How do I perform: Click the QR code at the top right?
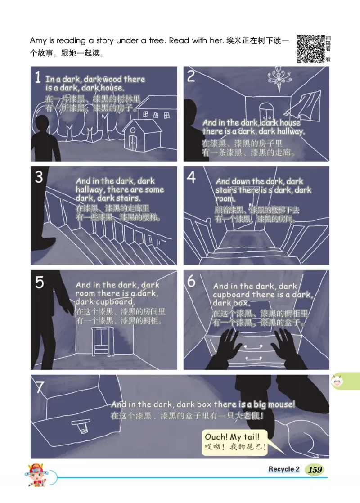point(311,49)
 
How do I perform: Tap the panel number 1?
point(38,77)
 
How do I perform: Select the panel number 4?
point(191,177)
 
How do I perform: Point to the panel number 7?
point(40,387)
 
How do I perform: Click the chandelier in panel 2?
point(279,78)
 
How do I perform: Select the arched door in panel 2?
point(266,112)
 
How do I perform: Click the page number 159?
point(315,470)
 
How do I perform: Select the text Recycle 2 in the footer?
point(283,469)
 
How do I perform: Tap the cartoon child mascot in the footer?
point(36,475)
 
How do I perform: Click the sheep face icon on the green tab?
point(337,382)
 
